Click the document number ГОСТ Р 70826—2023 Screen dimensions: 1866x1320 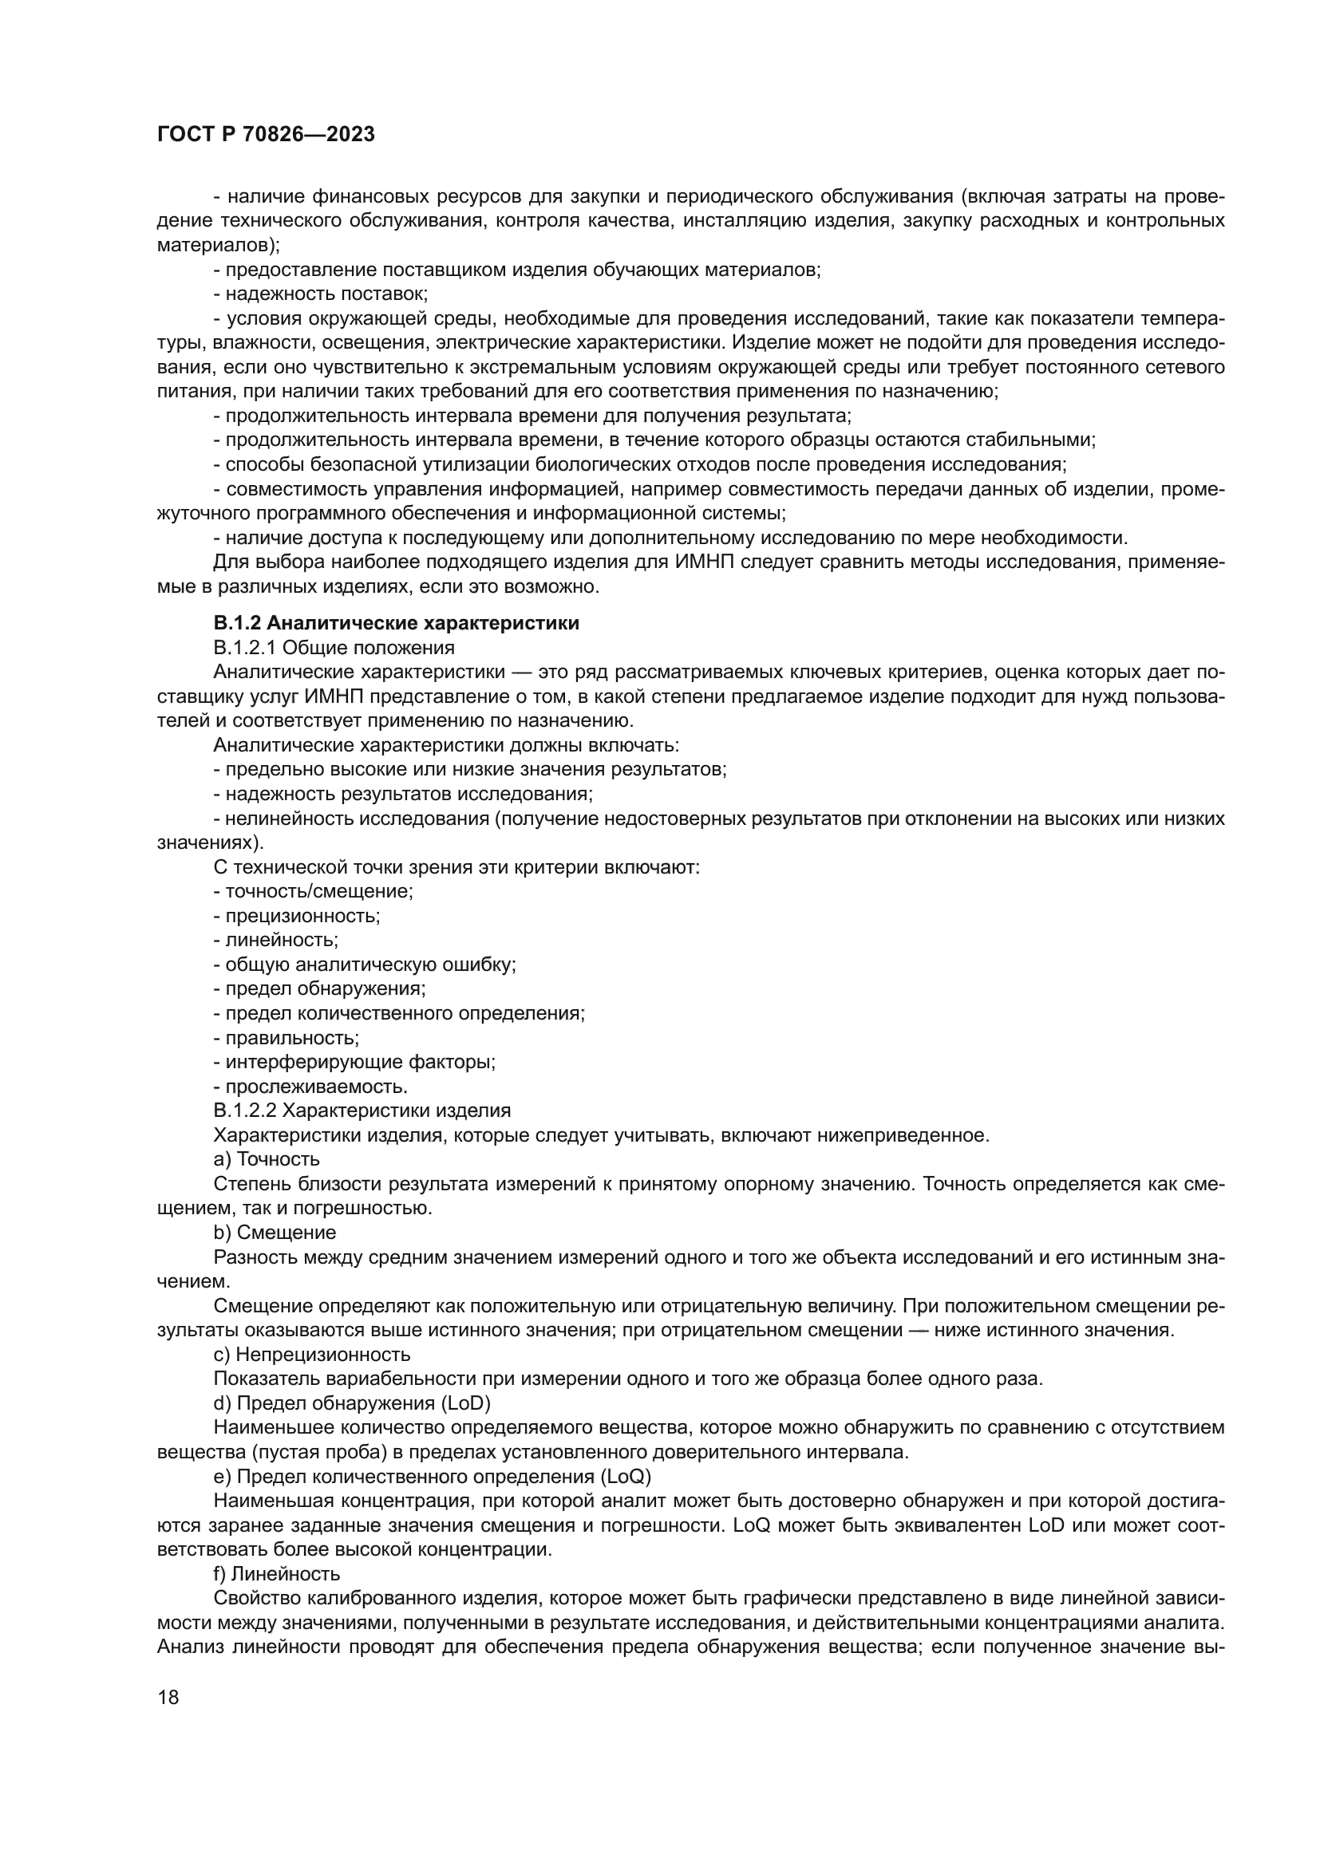[266, 135]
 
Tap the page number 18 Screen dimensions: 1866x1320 [168, 1696]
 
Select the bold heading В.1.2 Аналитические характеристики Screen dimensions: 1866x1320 [396, 623]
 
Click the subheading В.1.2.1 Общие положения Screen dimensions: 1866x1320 [334, 648]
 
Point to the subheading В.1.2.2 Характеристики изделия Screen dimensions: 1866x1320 [362, 1111]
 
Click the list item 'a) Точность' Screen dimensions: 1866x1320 [267, 1159]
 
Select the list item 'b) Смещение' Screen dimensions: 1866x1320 [275, 1232]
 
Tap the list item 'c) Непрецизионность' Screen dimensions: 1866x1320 [311, 1354]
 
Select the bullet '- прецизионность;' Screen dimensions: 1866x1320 [297, 916]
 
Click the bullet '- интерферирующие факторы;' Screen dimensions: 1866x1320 [354, 1062]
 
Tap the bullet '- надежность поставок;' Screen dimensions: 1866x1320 [320, 294]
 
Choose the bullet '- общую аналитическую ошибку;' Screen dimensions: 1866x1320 [365, 965]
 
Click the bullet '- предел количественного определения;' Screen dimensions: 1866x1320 [399, 1013]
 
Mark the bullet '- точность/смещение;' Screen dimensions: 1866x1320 [313, 892]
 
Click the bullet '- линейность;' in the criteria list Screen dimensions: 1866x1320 [275, 941]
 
